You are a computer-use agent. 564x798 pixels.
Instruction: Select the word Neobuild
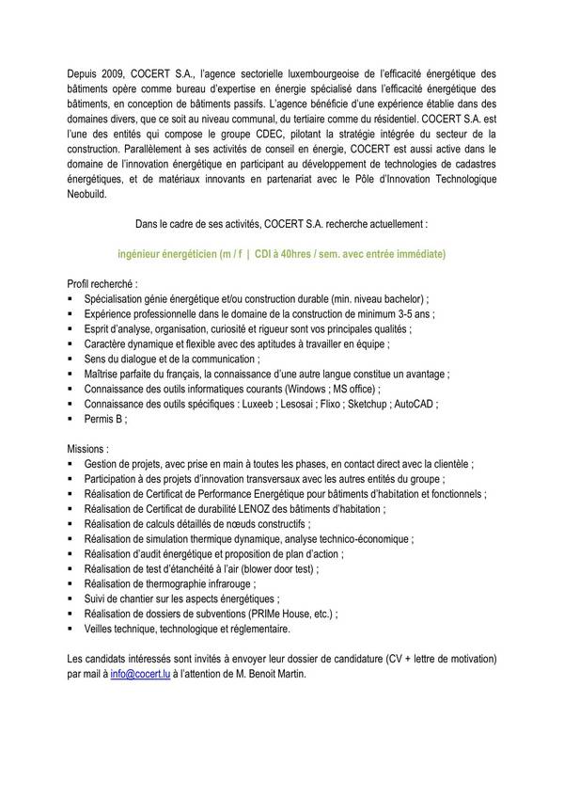(91, 195)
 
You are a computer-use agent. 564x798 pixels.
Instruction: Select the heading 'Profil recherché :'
(102, 282)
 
